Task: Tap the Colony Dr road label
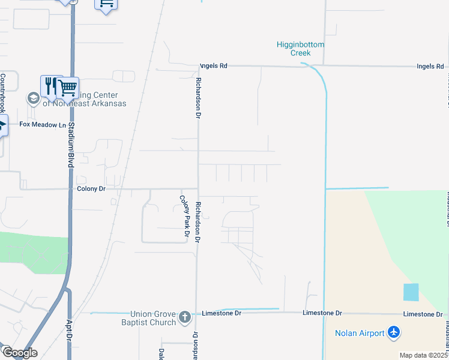91,188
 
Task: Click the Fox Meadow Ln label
42,125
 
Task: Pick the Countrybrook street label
2,93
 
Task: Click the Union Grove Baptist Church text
154,318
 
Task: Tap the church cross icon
185,317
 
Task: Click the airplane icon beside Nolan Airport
394,332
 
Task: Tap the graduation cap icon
33,97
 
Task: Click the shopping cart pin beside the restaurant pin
68,88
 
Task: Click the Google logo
19,353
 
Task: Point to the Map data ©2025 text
423,355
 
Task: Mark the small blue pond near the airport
411,292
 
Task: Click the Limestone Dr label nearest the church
221,313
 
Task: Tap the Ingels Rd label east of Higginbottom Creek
430,66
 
